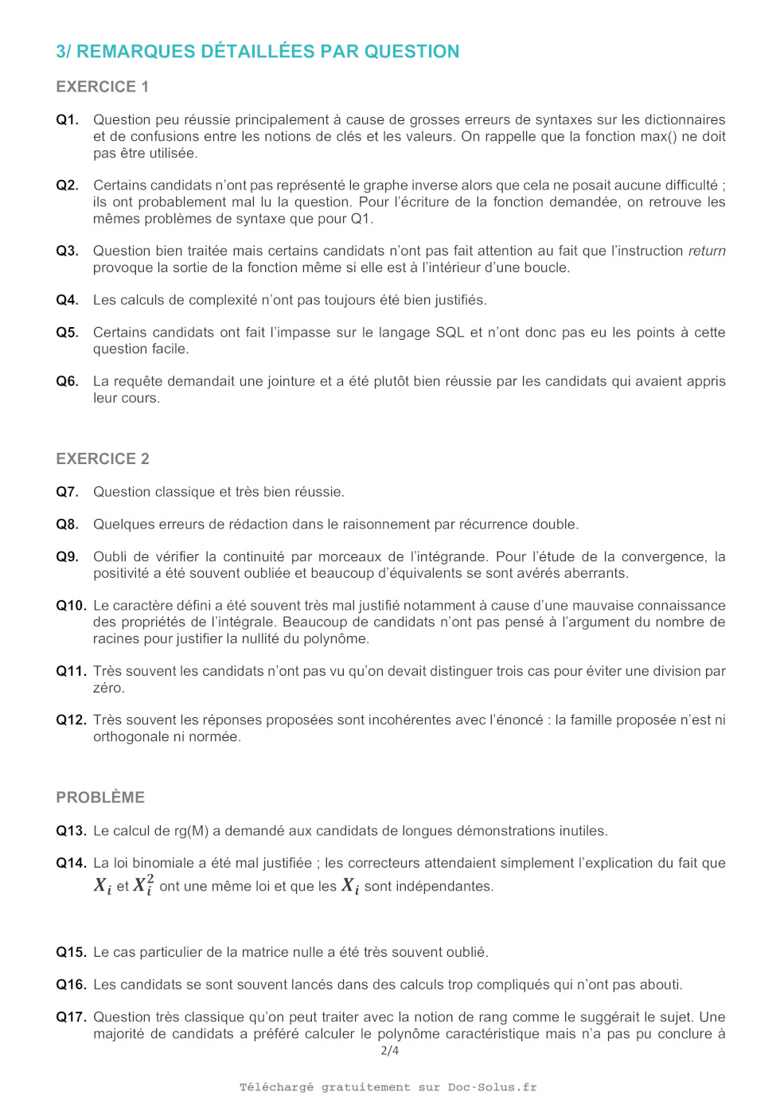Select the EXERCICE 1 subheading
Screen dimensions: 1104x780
click(x=102, y=87)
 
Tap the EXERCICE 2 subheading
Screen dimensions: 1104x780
click(x=102, y=458)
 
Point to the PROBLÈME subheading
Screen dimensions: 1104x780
click(x=100, y=798)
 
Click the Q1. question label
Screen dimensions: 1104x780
click(x=67, y=120)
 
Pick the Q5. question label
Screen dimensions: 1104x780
click(x=67, y=333)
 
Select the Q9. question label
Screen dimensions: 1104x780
click(x=67, y=557)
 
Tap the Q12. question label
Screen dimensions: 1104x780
click(x=71, y=720)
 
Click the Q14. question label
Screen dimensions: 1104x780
click(x=71, y=863)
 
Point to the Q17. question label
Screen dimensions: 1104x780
click(x=71, y=1017)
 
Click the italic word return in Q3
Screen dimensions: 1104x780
click(x=707, y=252)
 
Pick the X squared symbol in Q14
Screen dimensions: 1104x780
click(x=143, y=885)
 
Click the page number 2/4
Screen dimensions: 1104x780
click(x=390, y=1051)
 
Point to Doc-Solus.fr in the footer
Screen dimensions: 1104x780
click(x=492, y=1087)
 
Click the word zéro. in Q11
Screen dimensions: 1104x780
click(x=109, y=688)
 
